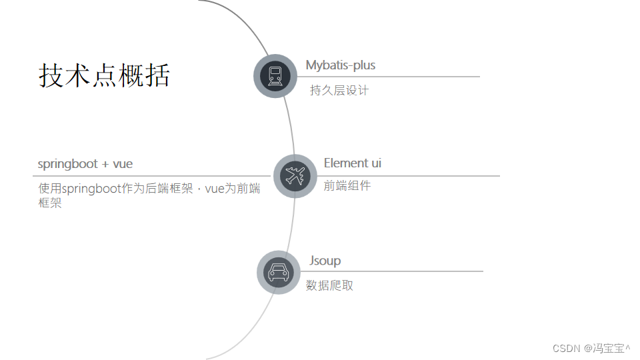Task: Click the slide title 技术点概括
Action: click(104, 75)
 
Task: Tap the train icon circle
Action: click(275, 76)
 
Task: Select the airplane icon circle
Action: click(295, 176)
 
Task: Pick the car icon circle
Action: click(278, 272)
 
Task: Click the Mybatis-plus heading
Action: click(340, 65)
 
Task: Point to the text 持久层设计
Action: click(339, 90)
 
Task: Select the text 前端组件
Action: click(347, 186)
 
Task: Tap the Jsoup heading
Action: click(325, 261)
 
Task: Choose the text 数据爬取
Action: click(329, 285)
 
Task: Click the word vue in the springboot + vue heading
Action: click(123, 164)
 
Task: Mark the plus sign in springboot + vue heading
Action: click(105, 165)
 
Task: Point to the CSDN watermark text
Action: click(567, 348)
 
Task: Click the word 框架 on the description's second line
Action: click(50, 203)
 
